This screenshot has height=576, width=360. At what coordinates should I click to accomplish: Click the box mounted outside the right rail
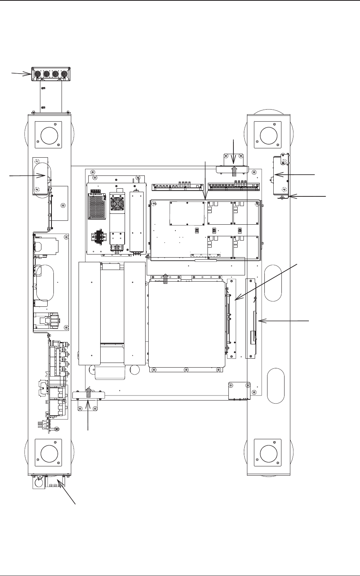coord(280,175)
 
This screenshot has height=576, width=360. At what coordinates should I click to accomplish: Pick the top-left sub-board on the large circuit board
coord(187,213)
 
